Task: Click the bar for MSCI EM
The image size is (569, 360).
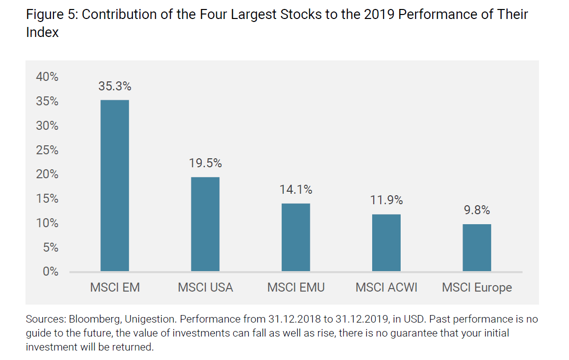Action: pyautogui.click(x=115, y=186)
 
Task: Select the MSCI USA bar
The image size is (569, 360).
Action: pyautogui.click(x=205, y=224)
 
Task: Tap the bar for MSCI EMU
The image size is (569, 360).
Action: pyautogui.click(x=296, y=237)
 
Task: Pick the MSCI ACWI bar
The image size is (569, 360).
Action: pyautogui.click(x=386, y=243)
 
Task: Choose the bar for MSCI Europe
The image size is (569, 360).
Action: pyautogui.click(x=477, y=248)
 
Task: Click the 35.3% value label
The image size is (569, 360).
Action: pyautogui.click(x=115, y=86)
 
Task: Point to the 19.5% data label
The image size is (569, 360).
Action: pyautogui.click(x=205, y=163)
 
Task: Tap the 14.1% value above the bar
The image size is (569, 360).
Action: pyautogui.click(x=296, y=190)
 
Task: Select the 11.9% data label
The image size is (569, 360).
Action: pyautogui.click(x=386, y=200)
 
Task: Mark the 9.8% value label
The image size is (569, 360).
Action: pyautogui.click(x=477, y=210)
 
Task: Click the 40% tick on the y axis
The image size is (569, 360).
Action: pyautogui.click(x=47, y=77)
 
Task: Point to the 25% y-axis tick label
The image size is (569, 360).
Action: pyautogui.click(x=47, y=150)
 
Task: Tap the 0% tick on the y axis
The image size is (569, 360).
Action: pyautogui.click(x=50, y=272)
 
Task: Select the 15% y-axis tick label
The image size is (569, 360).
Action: pyautogui.click(x=47, y=199)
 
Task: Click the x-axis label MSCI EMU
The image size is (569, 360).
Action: pyautogui.click(x=296, y=288)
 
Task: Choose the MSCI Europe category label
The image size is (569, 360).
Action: pyautogui.click(x=477, y=288)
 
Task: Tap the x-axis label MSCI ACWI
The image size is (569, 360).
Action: pyautogui.click(x=386, y=288)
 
